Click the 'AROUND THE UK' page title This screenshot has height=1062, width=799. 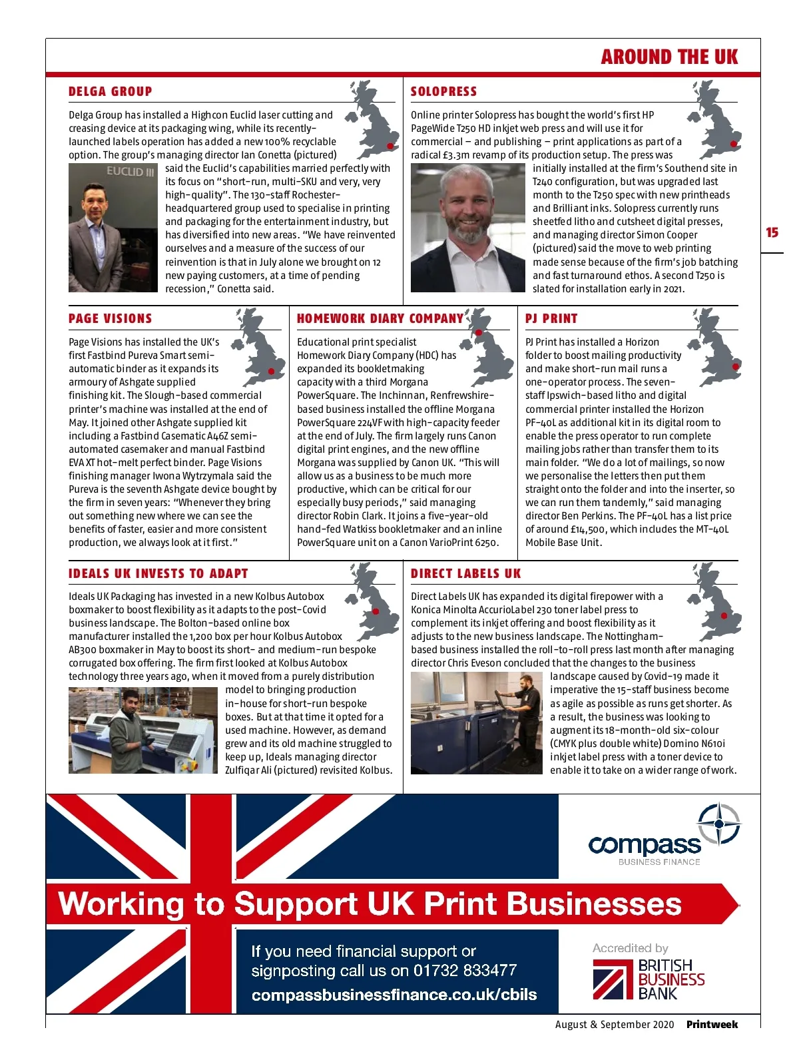tap(669, 57)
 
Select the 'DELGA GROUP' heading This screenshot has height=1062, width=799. tap(111, 92)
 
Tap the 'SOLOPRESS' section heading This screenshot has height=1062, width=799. tap(443, 92)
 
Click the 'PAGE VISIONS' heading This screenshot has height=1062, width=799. tap(111, 319)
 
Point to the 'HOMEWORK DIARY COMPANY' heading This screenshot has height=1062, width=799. tap(380, 319)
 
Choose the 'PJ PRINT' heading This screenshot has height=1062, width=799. tap(551, 319)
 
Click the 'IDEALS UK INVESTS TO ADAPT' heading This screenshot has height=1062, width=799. tap(158, 574)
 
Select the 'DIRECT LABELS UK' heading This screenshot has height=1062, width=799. tap(466, 574)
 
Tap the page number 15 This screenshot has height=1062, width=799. tap(772, 232)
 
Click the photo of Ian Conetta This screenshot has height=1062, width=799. tap(113, 228)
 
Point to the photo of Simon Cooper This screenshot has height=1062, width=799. tap(467, 228)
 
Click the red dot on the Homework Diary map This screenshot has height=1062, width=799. tap(478, 332)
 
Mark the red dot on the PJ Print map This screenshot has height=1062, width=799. tap(735, 367)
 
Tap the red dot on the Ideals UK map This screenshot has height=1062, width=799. tap(376, 611)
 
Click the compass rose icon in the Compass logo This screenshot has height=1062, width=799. tap(719, 824)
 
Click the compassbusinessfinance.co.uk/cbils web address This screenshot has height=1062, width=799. tap(394, 995)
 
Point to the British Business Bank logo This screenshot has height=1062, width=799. tap(649, 979)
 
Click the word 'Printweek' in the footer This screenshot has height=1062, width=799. tap(712, 1025)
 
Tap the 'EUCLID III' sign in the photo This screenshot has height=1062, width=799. tap(131, 172)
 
